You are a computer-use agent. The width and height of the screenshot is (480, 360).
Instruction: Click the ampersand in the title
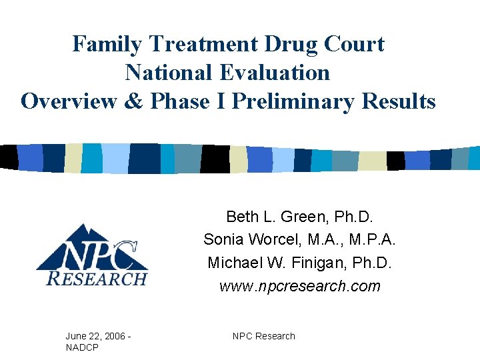point(135,101)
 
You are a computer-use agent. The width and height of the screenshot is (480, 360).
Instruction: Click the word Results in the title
point(399,101)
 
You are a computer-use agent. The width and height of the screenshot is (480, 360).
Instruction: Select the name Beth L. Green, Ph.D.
point(300,217)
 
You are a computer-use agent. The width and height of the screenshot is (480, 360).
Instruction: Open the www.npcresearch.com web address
point(300,286)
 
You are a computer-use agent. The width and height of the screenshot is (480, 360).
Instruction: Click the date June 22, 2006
point(95,336)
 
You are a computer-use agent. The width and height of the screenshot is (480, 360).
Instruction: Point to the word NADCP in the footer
point(83,347)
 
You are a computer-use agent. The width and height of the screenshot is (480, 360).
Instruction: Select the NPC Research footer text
point(264,336)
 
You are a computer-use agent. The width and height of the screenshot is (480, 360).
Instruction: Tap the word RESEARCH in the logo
point(97,278)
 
